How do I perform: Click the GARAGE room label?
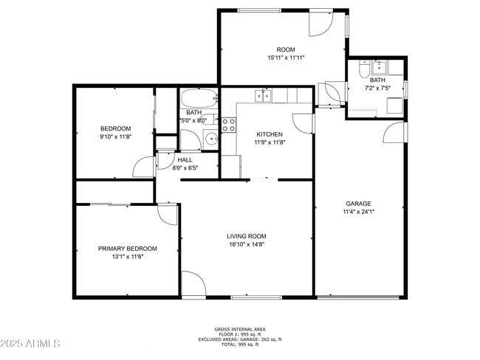coord(358,204)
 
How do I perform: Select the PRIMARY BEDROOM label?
coord(128,249)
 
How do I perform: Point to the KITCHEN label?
coord(269,134)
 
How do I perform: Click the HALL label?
coord(185,160)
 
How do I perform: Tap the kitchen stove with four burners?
coord(228,124)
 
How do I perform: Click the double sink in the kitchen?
coord(263,95)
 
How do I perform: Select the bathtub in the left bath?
coord(198,97)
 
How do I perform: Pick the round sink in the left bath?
coord(210,138)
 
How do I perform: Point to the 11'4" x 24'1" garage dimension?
coord(358,212)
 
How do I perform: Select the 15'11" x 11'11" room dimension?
coord(286,58)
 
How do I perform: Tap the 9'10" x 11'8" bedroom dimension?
coord(115,136)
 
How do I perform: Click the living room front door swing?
coord(193,283)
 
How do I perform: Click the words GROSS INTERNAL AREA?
coord(240,329)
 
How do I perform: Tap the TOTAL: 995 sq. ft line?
coord(240,345)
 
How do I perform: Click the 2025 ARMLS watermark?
coord(31,344)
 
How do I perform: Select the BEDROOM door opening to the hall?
coord(144,167)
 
